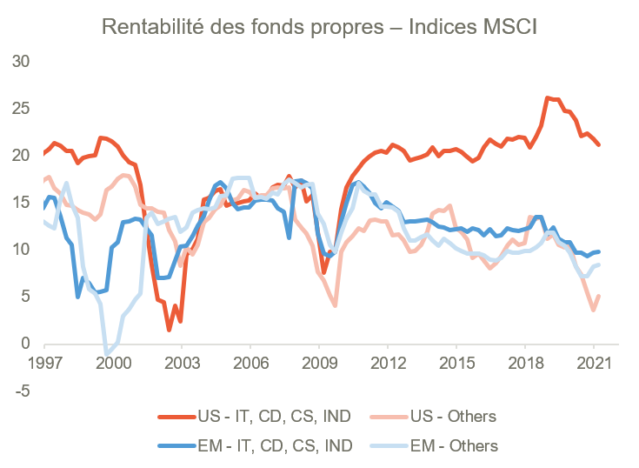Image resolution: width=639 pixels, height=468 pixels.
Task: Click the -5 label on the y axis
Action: point(20,391)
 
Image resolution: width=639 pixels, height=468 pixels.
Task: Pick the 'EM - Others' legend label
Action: point(458,446)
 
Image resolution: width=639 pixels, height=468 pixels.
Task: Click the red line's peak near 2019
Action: point(547,97)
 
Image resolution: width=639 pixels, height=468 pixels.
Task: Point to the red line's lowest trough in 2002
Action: point(169,331)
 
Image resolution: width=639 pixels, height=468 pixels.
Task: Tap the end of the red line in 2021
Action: point(599,145)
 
